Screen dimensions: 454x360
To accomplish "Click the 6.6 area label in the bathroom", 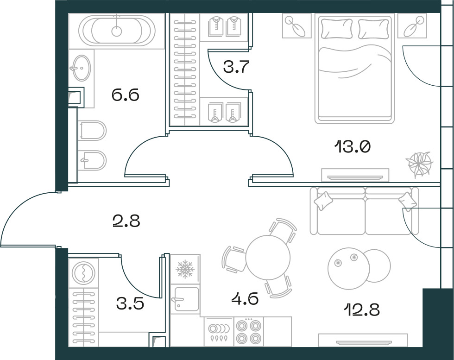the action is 126,95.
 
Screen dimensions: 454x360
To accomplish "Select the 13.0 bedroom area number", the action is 353,147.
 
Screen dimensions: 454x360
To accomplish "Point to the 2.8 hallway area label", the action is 126,221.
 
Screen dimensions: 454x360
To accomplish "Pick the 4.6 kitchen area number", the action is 245,298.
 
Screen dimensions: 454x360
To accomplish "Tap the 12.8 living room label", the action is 362,309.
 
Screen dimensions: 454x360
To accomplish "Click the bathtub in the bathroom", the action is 117,31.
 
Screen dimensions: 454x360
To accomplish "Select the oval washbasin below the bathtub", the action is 82,68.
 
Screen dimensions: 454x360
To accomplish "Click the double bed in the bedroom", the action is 354,69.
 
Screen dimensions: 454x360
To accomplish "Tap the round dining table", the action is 268,257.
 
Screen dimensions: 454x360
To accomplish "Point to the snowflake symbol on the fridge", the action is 185,269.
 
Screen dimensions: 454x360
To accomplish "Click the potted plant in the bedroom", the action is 419,164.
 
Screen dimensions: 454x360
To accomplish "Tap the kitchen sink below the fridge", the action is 185,299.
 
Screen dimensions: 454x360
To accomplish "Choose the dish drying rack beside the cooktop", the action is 219,332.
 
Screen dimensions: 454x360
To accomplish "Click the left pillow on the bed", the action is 337,28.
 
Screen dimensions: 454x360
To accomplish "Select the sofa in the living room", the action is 364,211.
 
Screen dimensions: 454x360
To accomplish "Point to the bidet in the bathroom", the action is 93,160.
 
